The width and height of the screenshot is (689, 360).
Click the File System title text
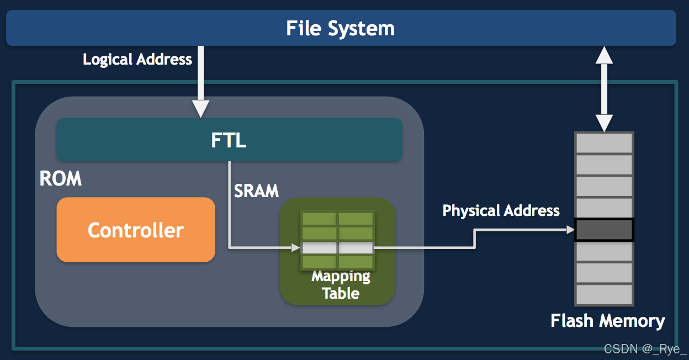pyautogui.click(x=340, y=28)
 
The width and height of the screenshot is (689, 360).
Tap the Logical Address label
pyautogui.click(x=137, y=59)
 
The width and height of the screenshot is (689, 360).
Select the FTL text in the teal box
pyautogui.click(x=229, y=140)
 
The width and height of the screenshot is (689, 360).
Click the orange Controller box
pyautogui.click(x=136, y=230)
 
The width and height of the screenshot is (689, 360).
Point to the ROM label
pyautogui.click(x=61, y=178)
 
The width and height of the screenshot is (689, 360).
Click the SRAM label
pyautogui.click(x=257, y=190)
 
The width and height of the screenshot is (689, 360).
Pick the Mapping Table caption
pyautogui.click(x=341, y=285)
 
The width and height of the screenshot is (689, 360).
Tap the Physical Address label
pyautogui.click(x=501, y=210)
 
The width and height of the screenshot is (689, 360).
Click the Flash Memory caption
pyautogui.click(x=607, y=320)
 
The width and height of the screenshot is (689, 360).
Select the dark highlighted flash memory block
pyautogui.click(x=604, y=230)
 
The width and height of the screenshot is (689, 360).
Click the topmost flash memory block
pyautogui.click(x=604, y=143)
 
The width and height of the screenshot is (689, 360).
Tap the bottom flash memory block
pyautogui.click(x=604, y=294)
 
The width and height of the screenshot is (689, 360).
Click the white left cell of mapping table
pyautogui.click(x=319, y=248)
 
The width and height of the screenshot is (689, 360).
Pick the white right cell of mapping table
pyautogui.click(x=356, y=248)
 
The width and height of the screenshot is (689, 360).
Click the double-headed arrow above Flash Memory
pyautogui.click(x=605, y=88)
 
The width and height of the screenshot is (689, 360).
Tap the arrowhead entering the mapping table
pyautogui.click(x=295, y=248)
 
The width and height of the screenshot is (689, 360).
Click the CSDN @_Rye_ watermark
pyautogui.click(x=644, y=349)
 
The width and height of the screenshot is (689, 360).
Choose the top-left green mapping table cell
pyautogui.click(x=319, y=219)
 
